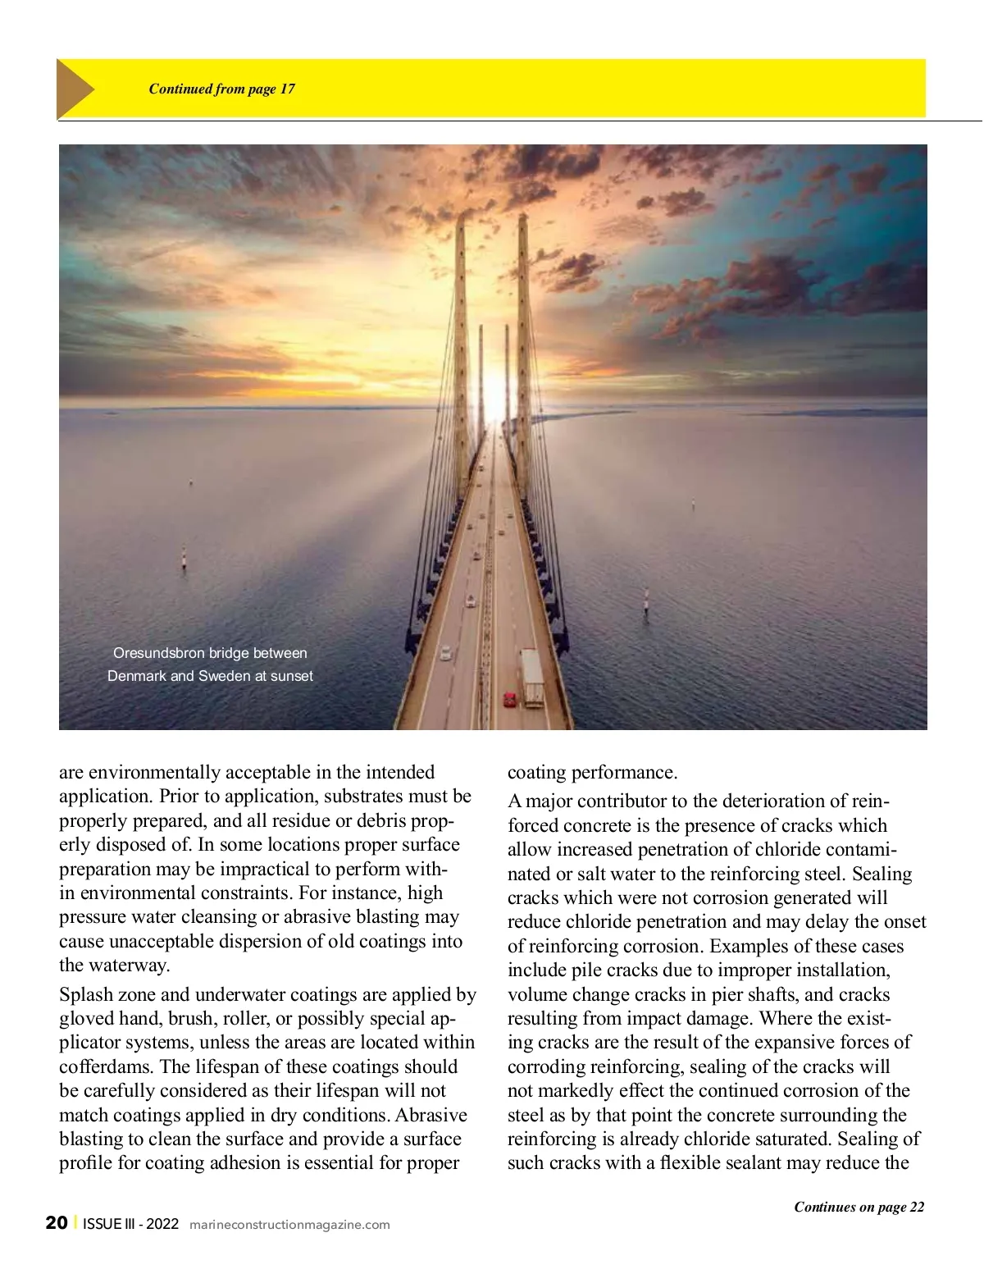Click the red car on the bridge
pyautogui.click(x=509, y=699)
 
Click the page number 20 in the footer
pyautogui.click(x=57, y=1223)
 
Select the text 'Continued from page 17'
pyautogui.click(x=221, y=89)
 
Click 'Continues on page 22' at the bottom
pyautogui.click(x=859, y=1207)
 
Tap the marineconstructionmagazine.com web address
pyautogui.click(x=289, y=1225)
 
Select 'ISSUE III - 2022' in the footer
pyautogui.click(x=130, y=1224)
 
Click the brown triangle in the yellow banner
pyautogui.click(x=74, y=89)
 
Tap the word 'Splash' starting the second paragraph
pyautogui.click(x=86, y=994)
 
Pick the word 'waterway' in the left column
pyautogui.click(x=135, y=966)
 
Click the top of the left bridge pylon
pyautogui.click(x=462, y=220)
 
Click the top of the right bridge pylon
pyautogui.click(x=522, y=218)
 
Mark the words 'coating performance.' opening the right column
pyautogui.click(x=592, y=773)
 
